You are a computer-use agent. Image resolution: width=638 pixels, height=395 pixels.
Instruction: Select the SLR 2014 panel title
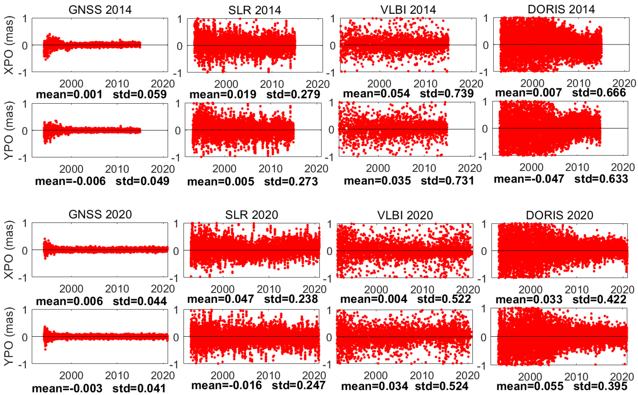[x=254, y=10]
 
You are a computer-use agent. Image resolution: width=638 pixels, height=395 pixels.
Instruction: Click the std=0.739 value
[x=447, y=94]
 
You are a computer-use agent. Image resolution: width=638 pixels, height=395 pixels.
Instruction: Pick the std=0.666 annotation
[x=599, y=93]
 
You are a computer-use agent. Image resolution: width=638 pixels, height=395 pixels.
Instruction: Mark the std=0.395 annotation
[x=600, y=386]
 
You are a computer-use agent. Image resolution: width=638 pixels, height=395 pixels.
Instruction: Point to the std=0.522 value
[x=444, y=299]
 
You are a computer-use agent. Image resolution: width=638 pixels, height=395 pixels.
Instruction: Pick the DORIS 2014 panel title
[x=561, y=9]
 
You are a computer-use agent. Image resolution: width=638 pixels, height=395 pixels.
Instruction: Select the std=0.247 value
[x=299, y=385]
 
